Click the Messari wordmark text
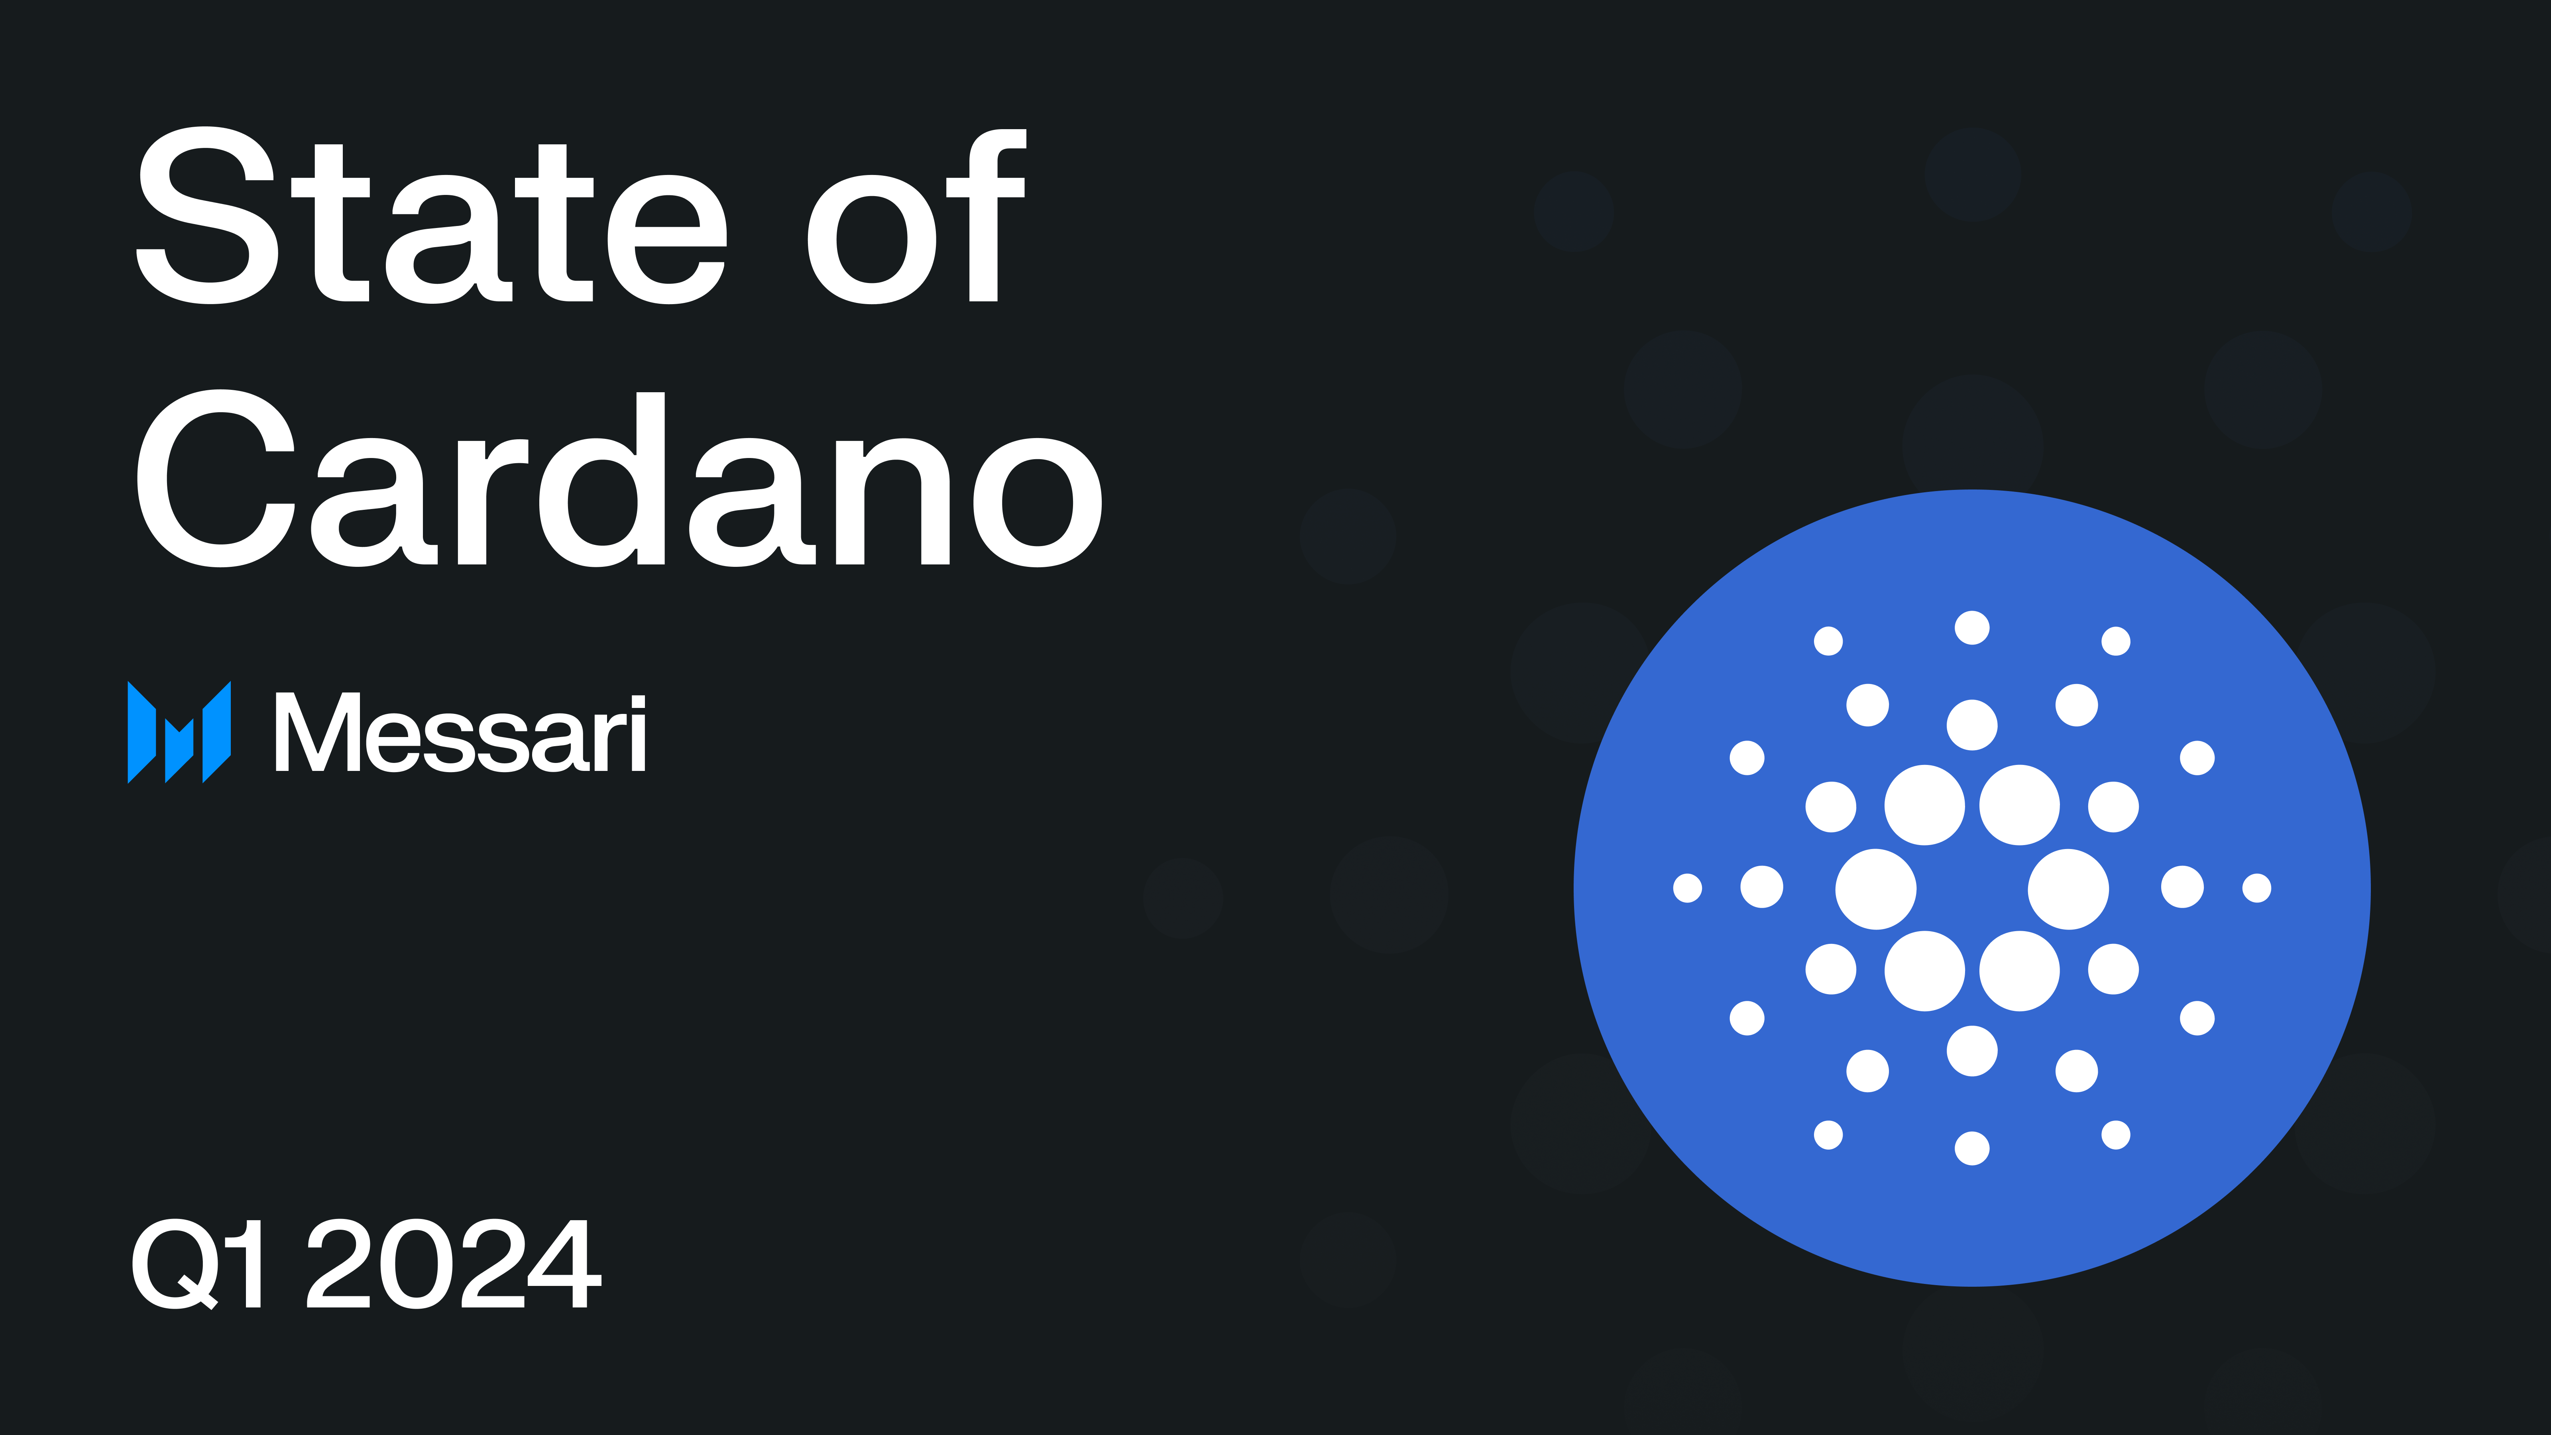click(x=460, y=733)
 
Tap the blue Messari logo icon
click(x=179, y=732)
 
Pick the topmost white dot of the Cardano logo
click(x=1972, y=628)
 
